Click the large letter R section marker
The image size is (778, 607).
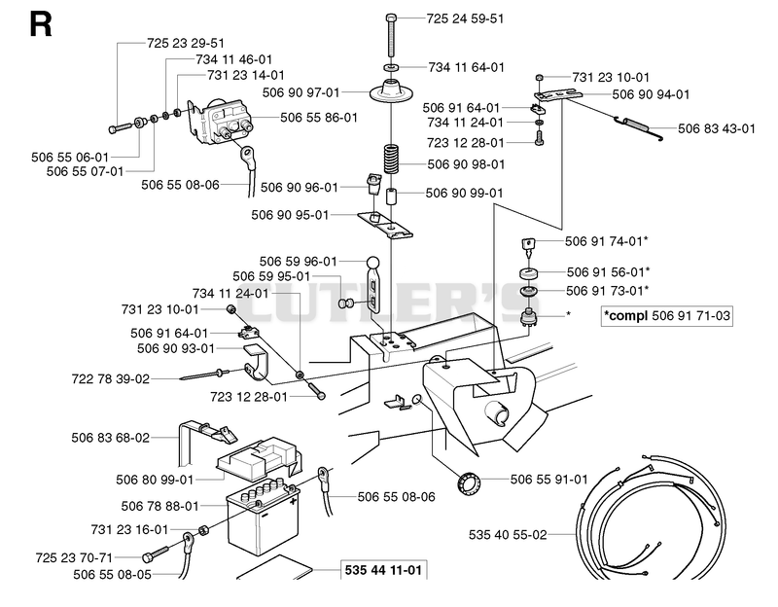[x=41, y=25]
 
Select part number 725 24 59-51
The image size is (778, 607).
[x=465, y=18]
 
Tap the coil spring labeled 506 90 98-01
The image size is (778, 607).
[x=392, y=159]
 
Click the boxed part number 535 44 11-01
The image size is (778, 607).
[x=383, y=570]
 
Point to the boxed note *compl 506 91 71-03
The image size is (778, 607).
[x=666, y=316]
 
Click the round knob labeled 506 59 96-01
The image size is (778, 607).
[x=373, y=262]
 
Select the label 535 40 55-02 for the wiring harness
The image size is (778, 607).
[x=508, y=535]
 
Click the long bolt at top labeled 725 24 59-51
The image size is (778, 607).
[x=391, y=35]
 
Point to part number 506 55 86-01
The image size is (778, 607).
[x=319, y=118]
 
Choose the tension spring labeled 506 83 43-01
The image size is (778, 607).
[x=640, y=126]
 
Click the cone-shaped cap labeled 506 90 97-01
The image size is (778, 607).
[x=392, y=90]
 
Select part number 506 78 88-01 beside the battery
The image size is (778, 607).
[x=159, y=506]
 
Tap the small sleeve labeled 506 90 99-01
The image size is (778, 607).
[x=392, y=196]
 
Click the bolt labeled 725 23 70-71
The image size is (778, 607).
[x=156, y=553]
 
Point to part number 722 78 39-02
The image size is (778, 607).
[x=110, y=379]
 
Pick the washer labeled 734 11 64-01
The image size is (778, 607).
[x=392, y=66]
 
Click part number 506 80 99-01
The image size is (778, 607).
[x=155, y=480]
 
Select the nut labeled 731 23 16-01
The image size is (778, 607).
[x=203, y=529]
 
